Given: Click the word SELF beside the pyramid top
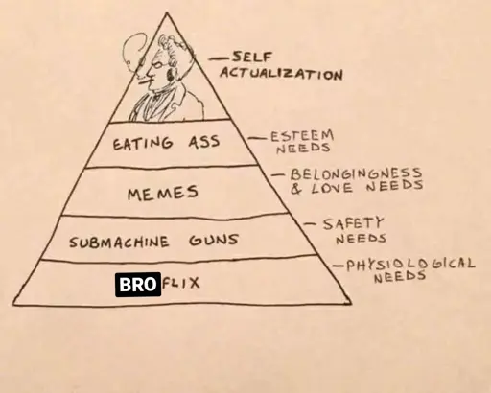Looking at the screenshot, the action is (251, 58).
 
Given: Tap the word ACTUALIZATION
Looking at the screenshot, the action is (281, 74).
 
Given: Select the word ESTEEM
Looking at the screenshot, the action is (302, 136).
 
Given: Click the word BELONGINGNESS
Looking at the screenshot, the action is (356, 173).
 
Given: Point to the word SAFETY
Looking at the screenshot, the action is (353, 223).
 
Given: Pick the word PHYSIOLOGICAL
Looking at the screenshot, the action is (410, 265).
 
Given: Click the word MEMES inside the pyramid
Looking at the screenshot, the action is (163, 193).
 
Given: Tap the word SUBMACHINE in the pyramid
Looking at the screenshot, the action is (119, 242).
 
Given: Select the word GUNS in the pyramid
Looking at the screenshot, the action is (214, 240).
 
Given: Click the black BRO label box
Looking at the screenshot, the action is (138, 285).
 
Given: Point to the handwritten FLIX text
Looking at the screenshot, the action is (181, 283).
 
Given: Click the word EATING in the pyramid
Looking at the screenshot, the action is (143, 143).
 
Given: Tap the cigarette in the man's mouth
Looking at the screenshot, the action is (143, 83).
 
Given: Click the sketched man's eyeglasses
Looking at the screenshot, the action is (156, 64).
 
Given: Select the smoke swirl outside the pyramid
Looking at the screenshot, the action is (133, 51).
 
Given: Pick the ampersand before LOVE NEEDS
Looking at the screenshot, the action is (296, 189).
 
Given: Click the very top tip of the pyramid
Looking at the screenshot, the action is (167, 12).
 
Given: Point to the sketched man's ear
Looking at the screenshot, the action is (169, 75).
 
